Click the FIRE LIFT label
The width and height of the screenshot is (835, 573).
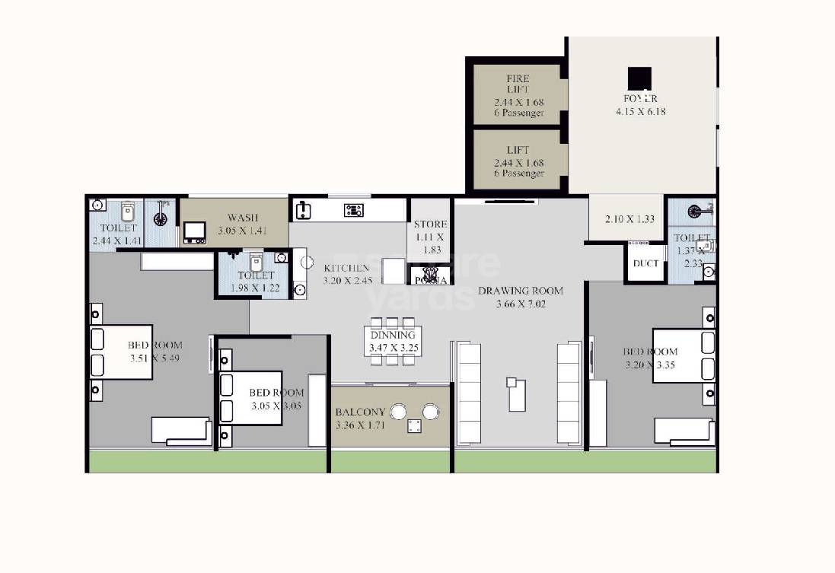point(518,84)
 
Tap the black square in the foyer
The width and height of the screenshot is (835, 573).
point(639,78)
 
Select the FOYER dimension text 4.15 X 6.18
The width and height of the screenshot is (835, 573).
point(641,112)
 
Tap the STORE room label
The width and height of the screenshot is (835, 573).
point(430,224)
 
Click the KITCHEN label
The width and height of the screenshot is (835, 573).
point(346,268)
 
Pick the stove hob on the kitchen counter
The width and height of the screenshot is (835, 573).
point(354,210)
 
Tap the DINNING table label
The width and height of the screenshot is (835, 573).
point(393,335)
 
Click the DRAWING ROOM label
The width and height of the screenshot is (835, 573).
point(521,291)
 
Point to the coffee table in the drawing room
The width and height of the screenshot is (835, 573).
point(517,393)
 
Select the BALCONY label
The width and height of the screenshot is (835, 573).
point(360,412)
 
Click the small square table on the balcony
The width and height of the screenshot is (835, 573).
point(415,426)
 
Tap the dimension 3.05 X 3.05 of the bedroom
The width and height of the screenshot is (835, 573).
point(276,406)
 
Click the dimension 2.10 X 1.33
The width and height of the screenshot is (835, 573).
point(629,220)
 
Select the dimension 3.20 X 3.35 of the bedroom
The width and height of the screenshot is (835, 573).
point(650,364)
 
